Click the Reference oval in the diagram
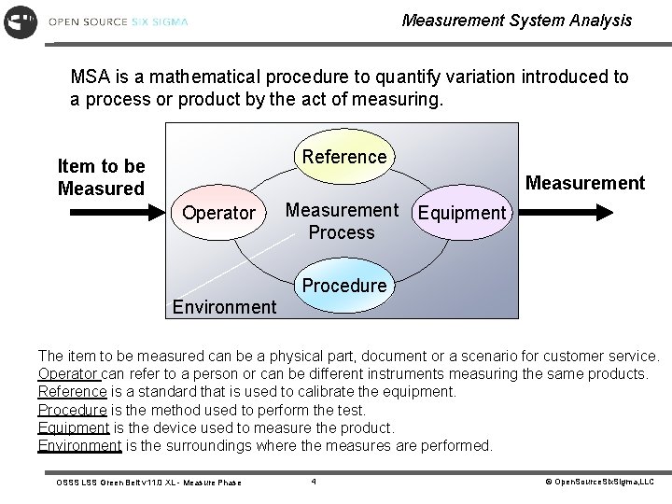(x=344, y=157)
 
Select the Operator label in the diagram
(x=218, y=213)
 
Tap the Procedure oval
(x=344, y=286)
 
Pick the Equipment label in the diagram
(x=461, y=213)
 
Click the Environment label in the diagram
(x=224, y=306)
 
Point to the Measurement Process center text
(x=341, y=221)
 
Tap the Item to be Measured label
(x=101, y=176)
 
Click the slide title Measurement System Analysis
(x=516, y=20)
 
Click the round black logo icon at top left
(x=21, y=21)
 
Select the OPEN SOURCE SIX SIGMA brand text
(x=118, y=21)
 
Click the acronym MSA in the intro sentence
(x=91, y=77)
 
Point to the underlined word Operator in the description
(x=66, y=373)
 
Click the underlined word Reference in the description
(x=72, y=391)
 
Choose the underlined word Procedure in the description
(x=72, y=410)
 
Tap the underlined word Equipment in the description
(x=74, y=427)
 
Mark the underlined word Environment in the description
(x=79, y=445)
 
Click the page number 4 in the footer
(x=315, y=482)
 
